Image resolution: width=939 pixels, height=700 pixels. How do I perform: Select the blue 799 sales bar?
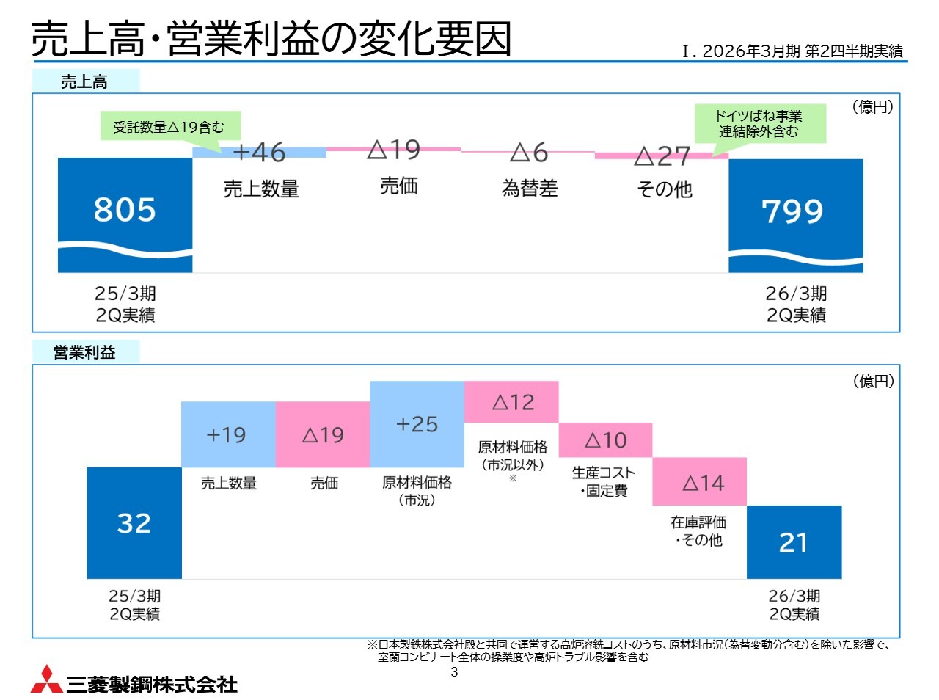coord(795,214)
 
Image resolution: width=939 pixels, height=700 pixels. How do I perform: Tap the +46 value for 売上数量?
coord(259,152)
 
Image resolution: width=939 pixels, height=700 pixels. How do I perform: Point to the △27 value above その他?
coord(662,156)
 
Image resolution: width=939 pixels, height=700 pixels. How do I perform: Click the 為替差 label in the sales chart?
coord(530,189)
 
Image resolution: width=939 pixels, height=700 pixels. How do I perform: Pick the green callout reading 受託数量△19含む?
coord(169,127)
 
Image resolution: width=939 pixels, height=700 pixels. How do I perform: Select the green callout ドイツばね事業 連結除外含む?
coord(759,123)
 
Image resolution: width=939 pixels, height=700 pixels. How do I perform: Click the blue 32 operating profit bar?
coord(134,522)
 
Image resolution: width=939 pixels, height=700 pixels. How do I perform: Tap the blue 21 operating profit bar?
coord(794,542)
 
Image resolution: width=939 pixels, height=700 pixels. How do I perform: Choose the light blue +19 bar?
coord(227,434)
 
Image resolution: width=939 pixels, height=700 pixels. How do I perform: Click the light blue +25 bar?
coord(417,423)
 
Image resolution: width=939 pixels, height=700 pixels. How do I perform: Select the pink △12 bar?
coord(511,401)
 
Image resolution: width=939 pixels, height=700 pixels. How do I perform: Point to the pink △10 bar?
coord(605,440)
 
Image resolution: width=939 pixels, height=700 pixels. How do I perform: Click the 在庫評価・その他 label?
coord(698,531)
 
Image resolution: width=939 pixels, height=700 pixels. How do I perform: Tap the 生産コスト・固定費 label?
coord(604,481)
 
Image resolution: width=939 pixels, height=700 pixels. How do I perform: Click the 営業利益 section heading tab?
coord(85,353)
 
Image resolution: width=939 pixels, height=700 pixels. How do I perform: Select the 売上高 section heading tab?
coord(85,81)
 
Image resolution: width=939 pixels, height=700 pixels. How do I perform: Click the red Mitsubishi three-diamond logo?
coord(45,680)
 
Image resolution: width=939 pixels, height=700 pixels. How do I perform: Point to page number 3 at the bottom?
coord(454,672)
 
